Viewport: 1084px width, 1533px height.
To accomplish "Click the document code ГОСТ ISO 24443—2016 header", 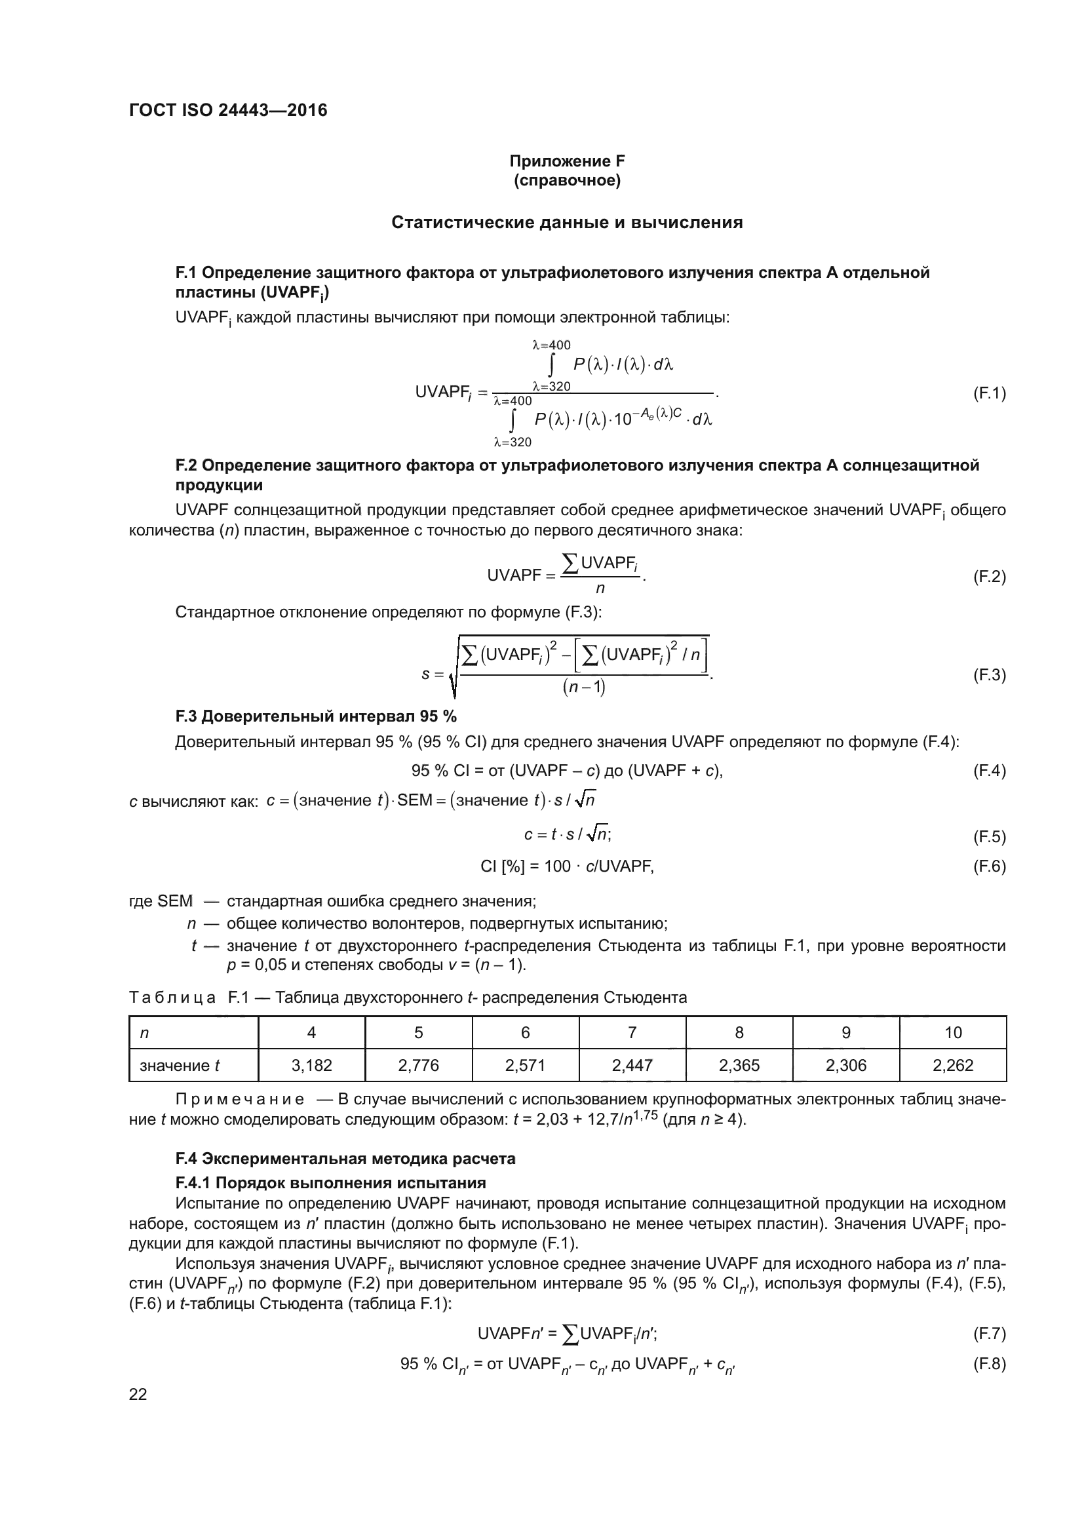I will tap(228, 110).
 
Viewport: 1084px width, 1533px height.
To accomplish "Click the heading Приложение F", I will tap(567, 161).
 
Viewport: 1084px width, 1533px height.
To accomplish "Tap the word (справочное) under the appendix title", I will tap(567, 181).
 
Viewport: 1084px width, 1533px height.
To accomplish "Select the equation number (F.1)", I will tap(988, 393).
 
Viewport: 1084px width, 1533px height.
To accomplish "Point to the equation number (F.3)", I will tap(988, 675).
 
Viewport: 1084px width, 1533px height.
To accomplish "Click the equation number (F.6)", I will tap(988, 866).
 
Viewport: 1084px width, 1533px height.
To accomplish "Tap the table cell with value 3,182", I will tap(312, 1065).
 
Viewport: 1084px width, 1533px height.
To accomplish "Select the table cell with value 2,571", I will tap(526, 1065).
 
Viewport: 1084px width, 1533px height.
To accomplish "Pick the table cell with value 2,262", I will tap(952, 1065).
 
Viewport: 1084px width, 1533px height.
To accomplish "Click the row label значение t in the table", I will tap(180, 1065).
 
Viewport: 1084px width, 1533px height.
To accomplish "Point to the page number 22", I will tap(138, 1394).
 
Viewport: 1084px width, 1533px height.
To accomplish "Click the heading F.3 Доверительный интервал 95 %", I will tap(316, 716).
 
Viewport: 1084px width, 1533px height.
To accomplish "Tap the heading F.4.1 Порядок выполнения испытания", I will tap(330, 1183).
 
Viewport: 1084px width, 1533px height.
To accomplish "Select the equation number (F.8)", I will tap(988, 1363).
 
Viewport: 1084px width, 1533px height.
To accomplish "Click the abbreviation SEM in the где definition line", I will tap(175, 901).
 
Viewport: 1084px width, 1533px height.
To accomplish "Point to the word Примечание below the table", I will tap(240, 1099).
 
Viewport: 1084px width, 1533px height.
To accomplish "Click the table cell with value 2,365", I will tap(739, 1065).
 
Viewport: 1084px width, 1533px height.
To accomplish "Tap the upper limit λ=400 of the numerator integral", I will tap(551, 345).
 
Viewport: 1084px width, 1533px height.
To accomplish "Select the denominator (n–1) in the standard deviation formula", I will tap(584, 687).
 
